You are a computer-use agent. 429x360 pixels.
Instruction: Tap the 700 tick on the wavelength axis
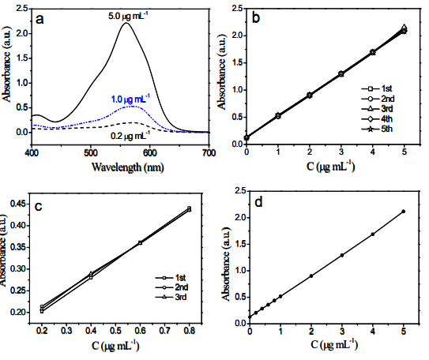point(208,152)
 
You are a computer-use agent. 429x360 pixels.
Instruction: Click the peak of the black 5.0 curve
point(126,24)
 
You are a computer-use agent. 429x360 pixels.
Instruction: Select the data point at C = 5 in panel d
point(403,211)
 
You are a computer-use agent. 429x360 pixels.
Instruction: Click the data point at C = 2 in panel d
point(310,276)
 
